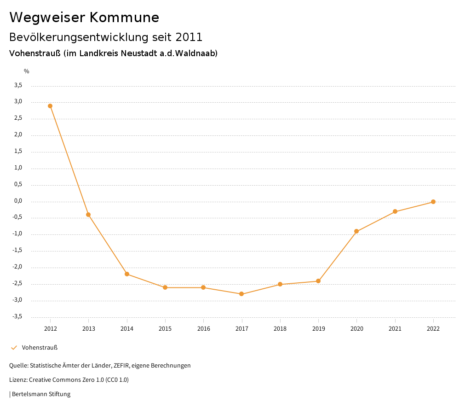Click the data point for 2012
pos(50,106)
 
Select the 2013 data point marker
pos(88,215)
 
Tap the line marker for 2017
pos(241,294)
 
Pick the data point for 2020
pos(356,231)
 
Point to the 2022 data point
pos(433,202)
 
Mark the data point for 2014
pos(127,274)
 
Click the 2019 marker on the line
pos(318,281)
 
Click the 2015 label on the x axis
pos(165,329)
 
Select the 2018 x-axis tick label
pos(280,329)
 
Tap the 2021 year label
pos(395,329)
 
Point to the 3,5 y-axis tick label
pos(18,85)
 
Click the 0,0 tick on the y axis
pos(18,201)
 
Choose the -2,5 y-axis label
pos(17,284)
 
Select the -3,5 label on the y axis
pos(17,317)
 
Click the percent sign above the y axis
pos(27,71)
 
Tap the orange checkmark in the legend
pos(14,348)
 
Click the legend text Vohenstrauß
pos(40,348)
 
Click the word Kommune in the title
pos(124,18)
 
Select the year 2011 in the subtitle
pos(189,37)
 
